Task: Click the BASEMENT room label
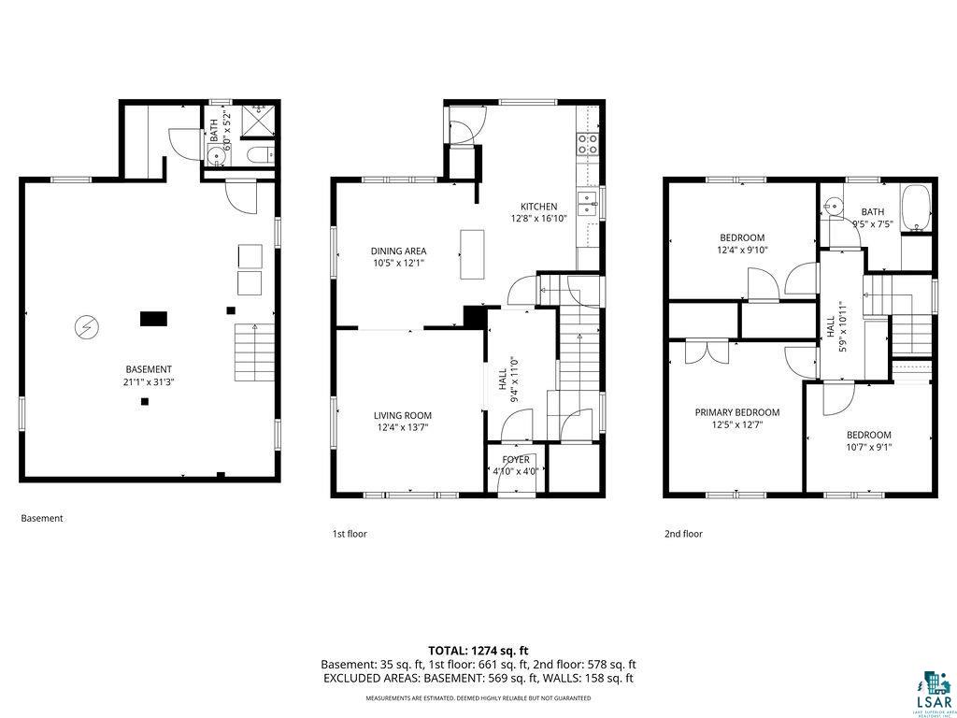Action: point(149,369)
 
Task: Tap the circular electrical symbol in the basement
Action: point(85,327)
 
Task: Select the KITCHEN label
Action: point(538,207)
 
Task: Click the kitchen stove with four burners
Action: point(588,144)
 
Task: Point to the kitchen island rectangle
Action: point(472,253)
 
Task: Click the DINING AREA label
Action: point(398,251)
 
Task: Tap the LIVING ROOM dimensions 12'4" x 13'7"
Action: point(403,427)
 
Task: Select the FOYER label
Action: point(516,460)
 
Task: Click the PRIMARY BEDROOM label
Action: point(736,412)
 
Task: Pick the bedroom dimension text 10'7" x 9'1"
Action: point(868,446)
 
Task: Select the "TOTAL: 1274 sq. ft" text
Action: point(478,650)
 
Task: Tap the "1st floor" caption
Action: point(350,534)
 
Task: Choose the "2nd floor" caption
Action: point(683,534)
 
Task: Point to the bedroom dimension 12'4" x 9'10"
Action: point(741,250)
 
